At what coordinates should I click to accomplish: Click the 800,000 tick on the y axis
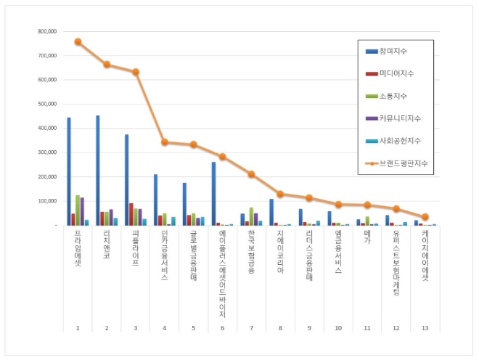tap(47, 31)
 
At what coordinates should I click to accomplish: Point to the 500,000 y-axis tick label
tap(47, 104)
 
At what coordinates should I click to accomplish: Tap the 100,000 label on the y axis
tap(47, 201)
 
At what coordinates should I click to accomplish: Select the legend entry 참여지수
tap(393, 50)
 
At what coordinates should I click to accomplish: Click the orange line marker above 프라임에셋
tap(78, 41)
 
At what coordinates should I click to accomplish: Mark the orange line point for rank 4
tap(165, 142)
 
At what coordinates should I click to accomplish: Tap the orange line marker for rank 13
tap(425, 217)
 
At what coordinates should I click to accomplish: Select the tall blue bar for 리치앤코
tap(98, 170)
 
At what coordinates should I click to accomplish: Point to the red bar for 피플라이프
tap(131, 214)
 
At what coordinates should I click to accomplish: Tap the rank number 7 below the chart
tap(251, 328)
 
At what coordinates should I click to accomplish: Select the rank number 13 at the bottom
tap(425, 328)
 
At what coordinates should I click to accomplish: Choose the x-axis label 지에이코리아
tap(280, 250)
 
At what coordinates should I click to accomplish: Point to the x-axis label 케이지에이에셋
tap(425, 255)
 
